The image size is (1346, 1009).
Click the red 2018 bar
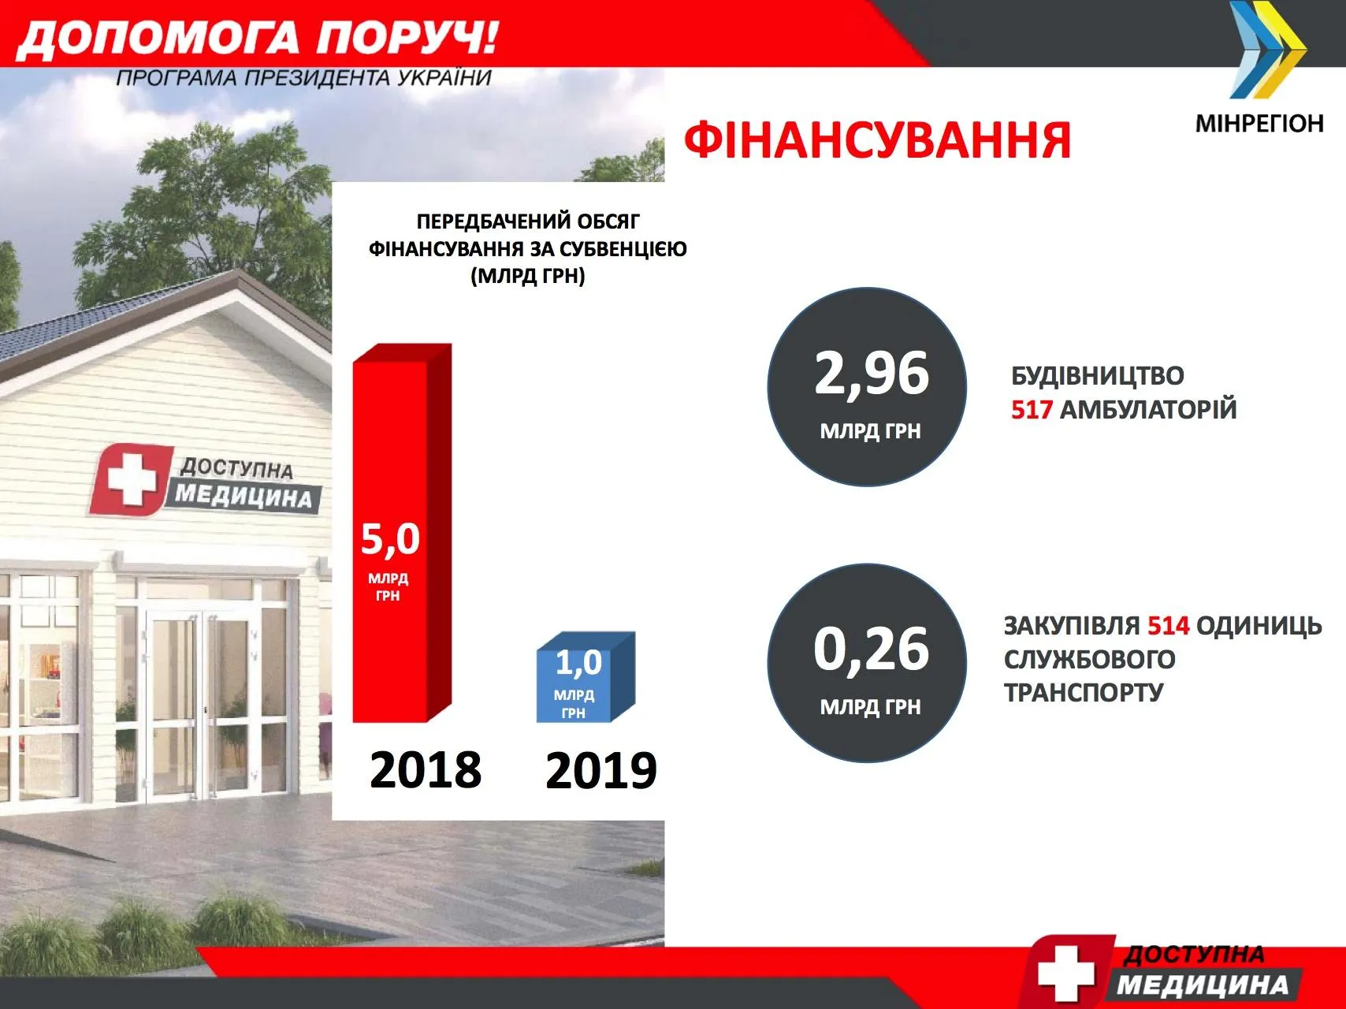coord(402,533)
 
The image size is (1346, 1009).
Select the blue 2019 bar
coord(586,677)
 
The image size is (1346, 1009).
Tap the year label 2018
coord(426,770)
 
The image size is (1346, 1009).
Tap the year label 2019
coord(601,771)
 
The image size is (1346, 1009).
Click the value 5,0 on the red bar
coord(390,539)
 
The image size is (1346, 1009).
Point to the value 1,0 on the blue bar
coord(578,663)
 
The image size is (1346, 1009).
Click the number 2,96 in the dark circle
coord(872,374)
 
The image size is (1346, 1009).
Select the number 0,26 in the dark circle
coord(872,650)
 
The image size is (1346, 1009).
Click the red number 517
coord(1032,410)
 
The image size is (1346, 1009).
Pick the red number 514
coord(1168,626)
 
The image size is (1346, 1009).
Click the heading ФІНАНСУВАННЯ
coord(878,140)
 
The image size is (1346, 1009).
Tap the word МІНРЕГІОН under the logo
coord(1259,124)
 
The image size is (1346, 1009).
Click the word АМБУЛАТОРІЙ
coord(1149,410)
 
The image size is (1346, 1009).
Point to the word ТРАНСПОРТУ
coord(1084,692)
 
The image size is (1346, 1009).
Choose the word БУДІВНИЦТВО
coord(1098,375)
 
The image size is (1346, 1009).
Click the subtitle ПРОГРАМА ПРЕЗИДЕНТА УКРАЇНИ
coord(304,78)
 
